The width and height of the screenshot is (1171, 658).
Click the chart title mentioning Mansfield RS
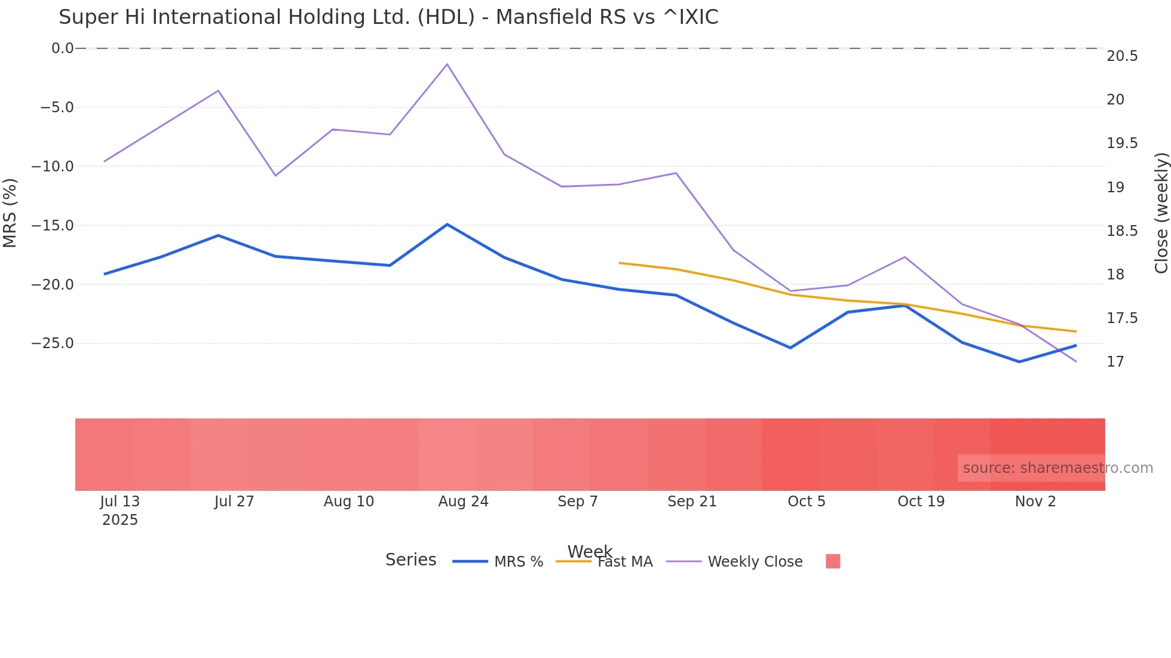388,17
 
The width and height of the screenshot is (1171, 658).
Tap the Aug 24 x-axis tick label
463,502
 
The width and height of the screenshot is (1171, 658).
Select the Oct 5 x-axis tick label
806,502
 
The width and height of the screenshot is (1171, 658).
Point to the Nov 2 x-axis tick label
1035,502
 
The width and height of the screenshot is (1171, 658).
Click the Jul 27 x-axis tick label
234,502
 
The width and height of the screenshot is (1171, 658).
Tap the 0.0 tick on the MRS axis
62,48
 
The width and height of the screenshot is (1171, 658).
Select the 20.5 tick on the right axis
1122,56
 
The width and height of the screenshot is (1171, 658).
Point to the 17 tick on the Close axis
1115,362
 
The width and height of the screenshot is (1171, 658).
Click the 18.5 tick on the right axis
1122,231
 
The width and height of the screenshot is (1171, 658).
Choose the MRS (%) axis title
10,213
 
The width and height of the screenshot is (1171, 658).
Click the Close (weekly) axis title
1161,213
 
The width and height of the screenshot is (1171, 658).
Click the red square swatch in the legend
833,561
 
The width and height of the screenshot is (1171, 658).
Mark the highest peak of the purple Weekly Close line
447,64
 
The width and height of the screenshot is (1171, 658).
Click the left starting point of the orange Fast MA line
620,263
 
